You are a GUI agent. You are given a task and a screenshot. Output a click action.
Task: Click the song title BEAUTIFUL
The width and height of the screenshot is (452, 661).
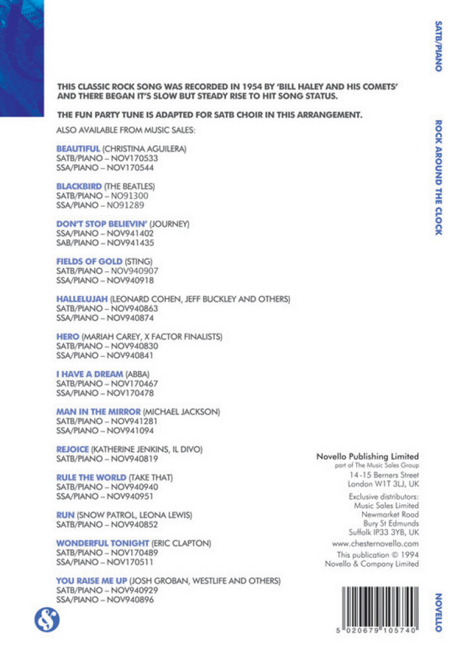tap(78, 149)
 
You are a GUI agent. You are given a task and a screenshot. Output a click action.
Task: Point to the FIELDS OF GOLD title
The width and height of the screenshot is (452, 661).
tap(89, 261)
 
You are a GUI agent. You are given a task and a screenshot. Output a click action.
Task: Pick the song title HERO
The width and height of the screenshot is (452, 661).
tap(68, 337)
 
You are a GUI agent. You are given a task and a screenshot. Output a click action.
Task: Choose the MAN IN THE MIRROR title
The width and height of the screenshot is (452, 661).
tap(98, 412)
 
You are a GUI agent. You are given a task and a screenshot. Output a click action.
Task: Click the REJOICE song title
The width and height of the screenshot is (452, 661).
tap(73, 449)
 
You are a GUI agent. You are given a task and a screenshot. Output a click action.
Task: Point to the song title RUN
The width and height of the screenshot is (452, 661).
tap(66, 515)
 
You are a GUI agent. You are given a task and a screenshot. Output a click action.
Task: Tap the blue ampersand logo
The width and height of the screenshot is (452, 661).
tap(45, 620)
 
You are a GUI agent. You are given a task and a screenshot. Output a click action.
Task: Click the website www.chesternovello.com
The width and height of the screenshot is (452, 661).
tap(374, 542)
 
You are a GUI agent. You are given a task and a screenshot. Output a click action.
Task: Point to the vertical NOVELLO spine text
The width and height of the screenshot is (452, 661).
tap(438, 612)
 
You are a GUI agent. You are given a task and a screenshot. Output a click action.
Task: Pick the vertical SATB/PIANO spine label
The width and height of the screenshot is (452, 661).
tap(438, 46)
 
